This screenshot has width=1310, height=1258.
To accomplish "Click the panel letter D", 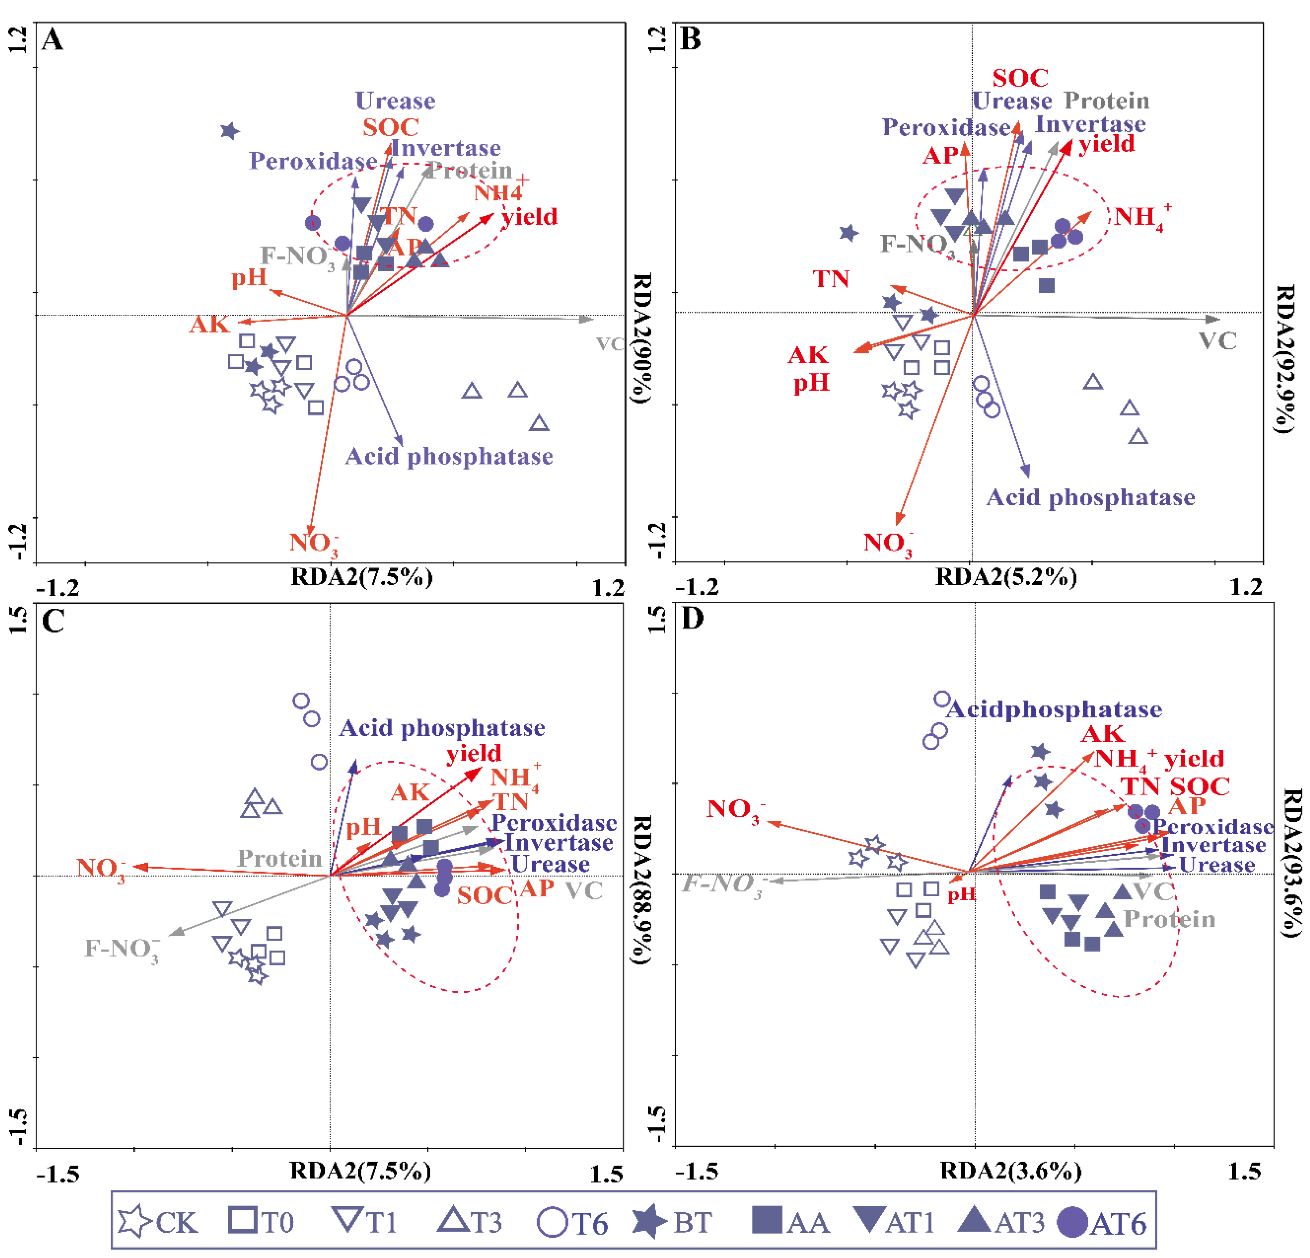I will click(x=692, y=618).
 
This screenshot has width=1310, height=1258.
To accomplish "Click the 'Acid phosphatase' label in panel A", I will click(x=449, y=456).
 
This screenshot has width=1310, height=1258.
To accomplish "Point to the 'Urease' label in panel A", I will click(x=395, y=101).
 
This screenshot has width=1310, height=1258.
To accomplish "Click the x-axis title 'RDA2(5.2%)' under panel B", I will click(x=1006, y=576).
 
